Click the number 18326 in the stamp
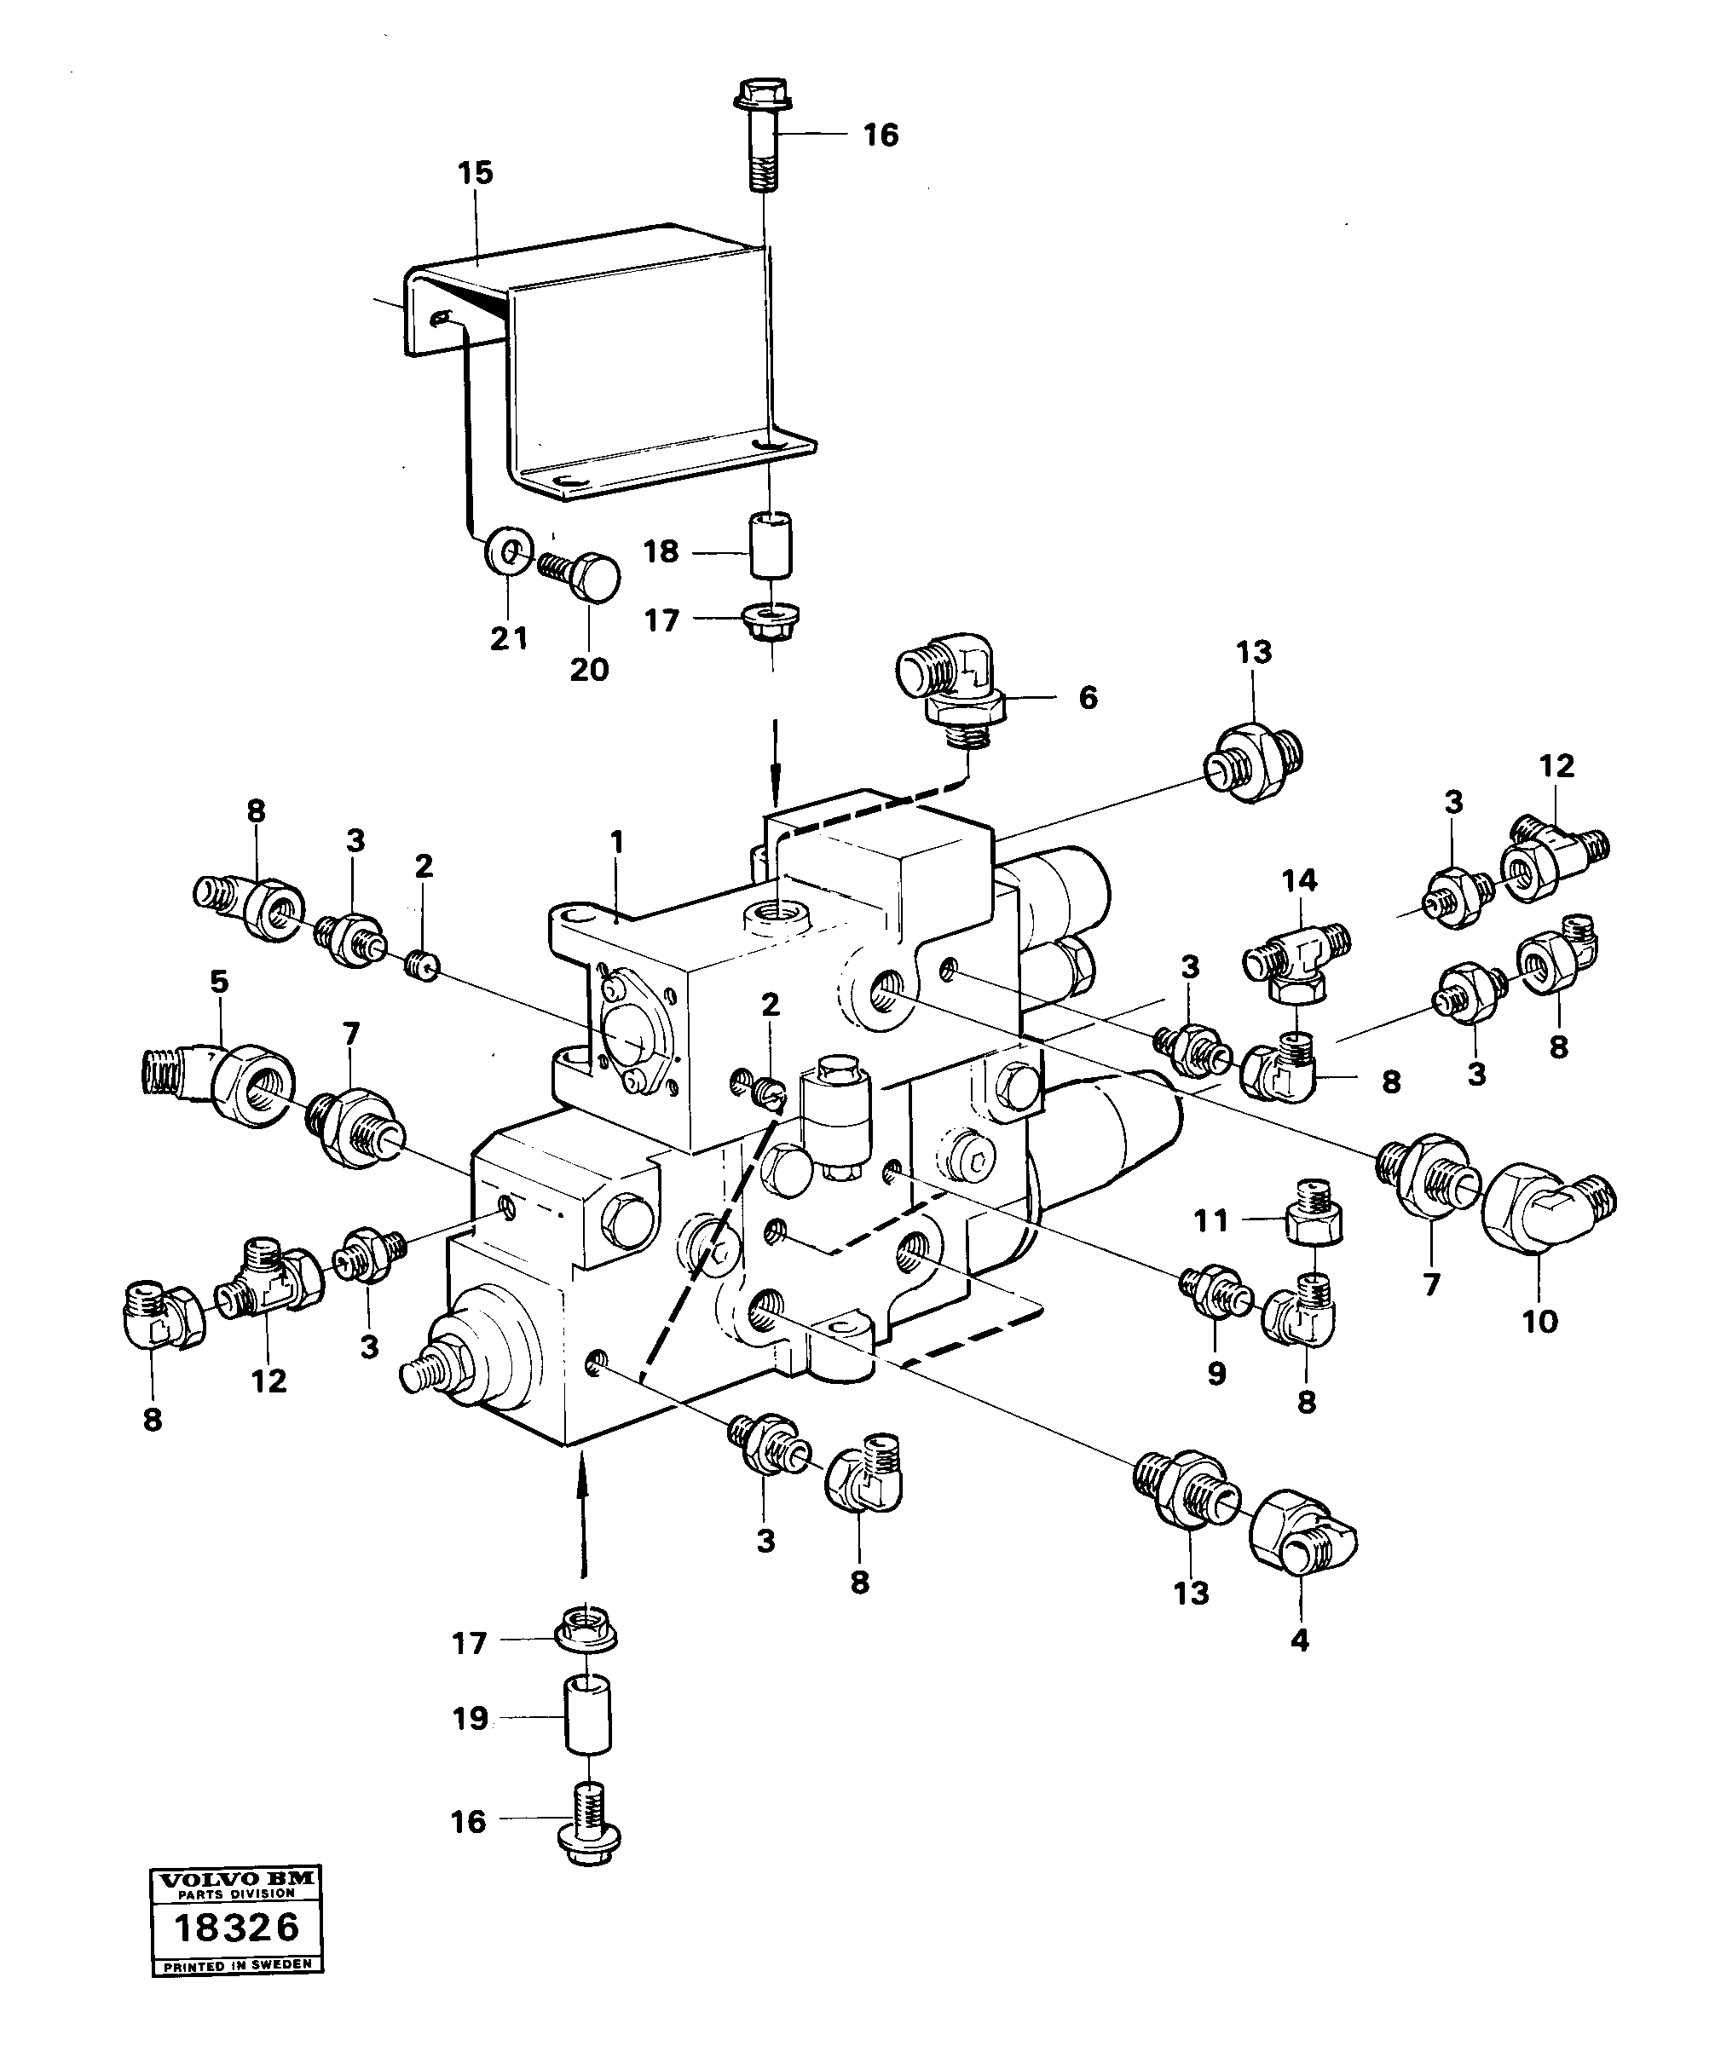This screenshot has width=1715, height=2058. click(236, 1927)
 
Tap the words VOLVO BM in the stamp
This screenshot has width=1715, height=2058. click(236, 1879)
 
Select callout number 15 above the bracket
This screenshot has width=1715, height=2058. click(476, 174)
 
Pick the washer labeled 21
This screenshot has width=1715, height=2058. click(510, 554)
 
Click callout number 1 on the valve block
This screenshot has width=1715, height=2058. click(615, 842)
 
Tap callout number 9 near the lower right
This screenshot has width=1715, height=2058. click(1216, 1374)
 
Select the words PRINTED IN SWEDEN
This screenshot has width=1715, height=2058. click(236, 1964)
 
